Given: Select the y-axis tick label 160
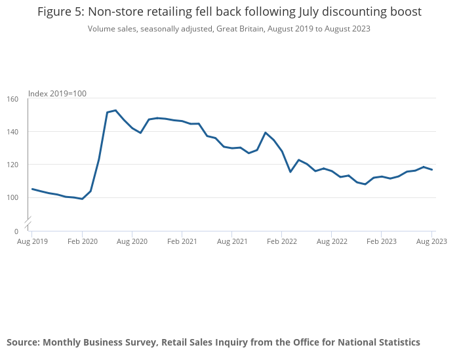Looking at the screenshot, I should pyautogui.click(x=12, y=99).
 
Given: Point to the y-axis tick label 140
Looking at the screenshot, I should pyautogui.click(x=12, y=132).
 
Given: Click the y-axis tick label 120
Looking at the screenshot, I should pyautogui.click(x=12, y=165).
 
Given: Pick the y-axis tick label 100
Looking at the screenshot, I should pyautogui.click(x=12, y=197).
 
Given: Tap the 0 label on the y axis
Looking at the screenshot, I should pyautogui.click(x=16, y=231).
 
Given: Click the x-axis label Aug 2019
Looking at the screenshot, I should pyautogui.click(x=32, y=241).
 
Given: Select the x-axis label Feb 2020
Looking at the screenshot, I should pyautogui.click(x=82, y=241).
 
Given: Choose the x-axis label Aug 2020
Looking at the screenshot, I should pyautogui.click(x=132, y=241).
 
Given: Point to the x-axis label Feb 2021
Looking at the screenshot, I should pyautogui.click(x=182, y=241).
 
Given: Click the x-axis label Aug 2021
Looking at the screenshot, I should pyautogui.click(x=231, y=241).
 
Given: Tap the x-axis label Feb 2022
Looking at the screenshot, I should pyautogui.click(x=281, y=241).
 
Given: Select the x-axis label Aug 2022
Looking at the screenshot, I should pyautogui.click(x=331, y=241).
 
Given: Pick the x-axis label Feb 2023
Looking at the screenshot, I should pyautogui.click(x=381, y=241).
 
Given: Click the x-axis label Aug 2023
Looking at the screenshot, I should pyautogui.click(x=431, y=241).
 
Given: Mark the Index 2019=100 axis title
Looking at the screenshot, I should pyautogui.click(x=57, y=94).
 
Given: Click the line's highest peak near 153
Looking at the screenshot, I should pyautogui.click(x=115, y=110).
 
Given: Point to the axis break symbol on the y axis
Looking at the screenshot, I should pyautogui.click(x=28, y=222).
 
